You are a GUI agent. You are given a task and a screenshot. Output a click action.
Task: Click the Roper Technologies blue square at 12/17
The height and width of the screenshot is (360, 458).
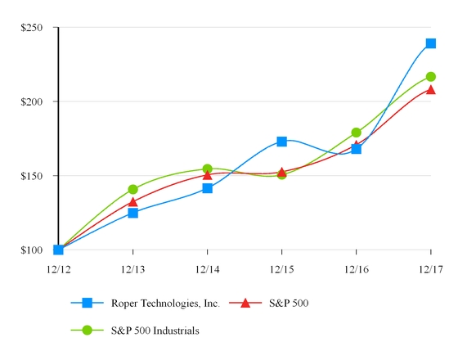tap(430, 43)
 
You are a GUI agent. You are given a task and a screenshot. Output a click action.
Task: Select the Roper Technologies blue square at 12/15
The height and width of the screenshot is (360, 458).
tap(281, 142)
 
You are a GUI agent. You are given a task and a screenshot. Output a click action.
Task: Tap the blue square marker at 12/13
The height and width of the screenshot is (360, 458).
tap(132, 213)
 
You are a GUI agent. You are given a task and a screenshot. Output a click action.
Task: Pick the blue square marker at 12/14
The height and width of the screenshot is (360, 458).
tap(208, 188)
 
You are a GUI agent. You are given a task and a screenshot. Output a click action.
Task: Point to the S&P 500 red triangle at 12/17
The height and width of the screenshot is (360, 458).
tap(430, 90)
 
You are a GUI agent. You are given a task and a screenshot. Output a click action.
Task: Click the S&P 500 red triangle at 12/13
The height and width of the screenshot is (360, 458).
tap(132, 201)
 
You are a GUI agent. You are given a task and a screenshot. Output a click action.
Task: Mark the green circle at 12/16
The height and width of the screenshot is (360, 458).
tap(356, 133)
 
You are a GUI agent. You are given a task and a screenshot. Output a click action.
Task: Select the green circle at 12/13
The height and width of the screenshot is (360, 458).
tap(132, 189)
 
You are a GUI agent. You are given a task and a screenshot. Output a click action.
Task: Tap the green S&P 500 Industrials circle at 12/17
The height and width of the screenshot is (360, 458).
tap(430, 77)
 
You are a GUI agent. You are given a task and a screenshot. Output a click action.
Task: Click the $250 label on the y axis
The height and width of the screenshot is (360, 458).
tap(32, 28)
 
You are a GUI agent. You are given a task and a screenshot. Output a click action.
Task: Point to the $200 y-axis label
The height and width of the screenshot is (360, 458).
tap(32, 101)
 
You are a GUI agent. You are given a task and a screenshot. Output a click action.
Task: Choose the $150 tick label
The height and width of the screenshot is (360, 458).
tap(32, 176)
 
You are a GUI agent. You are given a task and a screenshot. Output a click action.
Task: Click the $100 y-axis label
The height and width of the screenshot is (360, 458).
tap(32, 250)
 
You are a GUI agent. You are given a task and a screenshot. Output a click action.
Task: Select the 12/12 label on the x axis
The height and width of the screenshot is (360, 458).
tap(58, 268)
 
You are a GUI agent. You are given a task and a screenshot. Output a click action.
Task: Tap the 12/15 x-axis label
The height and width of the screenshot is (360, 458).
tap(281, 268)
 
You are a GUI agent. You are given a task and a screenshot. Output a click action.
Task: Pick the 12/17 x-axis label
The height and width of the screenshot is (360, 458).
tap(430, 268)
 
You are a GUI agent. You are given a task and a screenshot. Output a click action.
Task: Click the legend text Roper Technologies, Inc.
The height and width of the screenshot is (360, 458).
tap(165, 303)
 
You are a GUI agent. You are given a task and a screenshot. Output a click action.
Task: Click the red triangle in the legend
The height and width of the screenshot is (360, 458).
tap(245, 303)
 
